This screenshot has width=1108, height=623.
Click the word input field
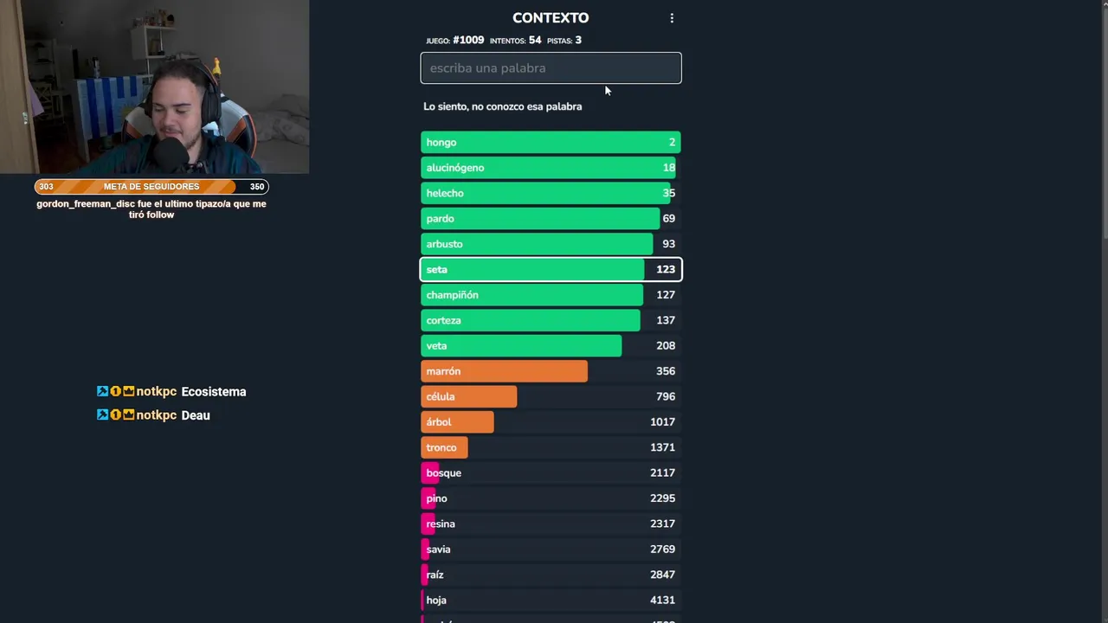pyautogui.click(x=551, y=68)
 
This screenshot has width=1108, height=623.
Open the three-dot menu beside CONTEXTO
pyautogui.click(x=672, y=18)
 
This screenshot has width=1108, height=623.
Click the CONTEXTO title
pyautogui.click(x=551, y=18)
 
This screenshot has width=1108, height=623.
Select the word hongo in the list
pyautogui.click(x=441, y=143)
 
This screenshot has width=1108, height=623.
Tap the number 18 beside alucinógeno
pyautogui.click(x=669, y=168)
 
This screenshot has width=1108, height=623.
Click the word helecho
pyautogui.click(x=445, y=194)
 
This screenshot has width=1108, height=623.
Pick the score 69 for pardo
pyautogui.click(x=669, y=219)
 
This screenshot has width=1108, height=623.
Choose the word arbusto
pyautogui.click(x=444, y=244)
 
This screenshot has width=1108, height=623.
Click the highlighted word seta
pyautogui.click(x=437, y=270)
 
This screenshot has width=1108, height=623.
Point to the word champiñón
pyautogui.click(x=452, y=295)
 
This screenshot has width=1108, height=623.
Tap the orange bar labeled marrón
pyautogui.click(x=504, y=371)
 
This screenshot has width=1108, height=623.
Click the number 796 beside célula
pyautogui.click(x=666, y=396)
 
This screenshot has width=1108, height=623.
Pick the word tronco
pyautogui.click(x=441, y=447)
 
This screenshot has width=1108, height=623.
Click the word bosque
pyautogui.click(x=444, y=473)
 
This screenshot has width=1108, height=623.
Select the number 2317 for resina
pyautogui.click(x=663, y=523)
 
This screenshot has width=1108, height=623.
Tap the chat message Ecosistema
pyautogui.click(x=214, y=392)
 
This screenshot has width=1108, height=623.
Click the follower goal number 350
pyautogui.click(x=257, y=187)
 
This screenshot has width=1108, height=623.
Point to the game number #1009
pyautogui.click(x=468, y=41)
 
